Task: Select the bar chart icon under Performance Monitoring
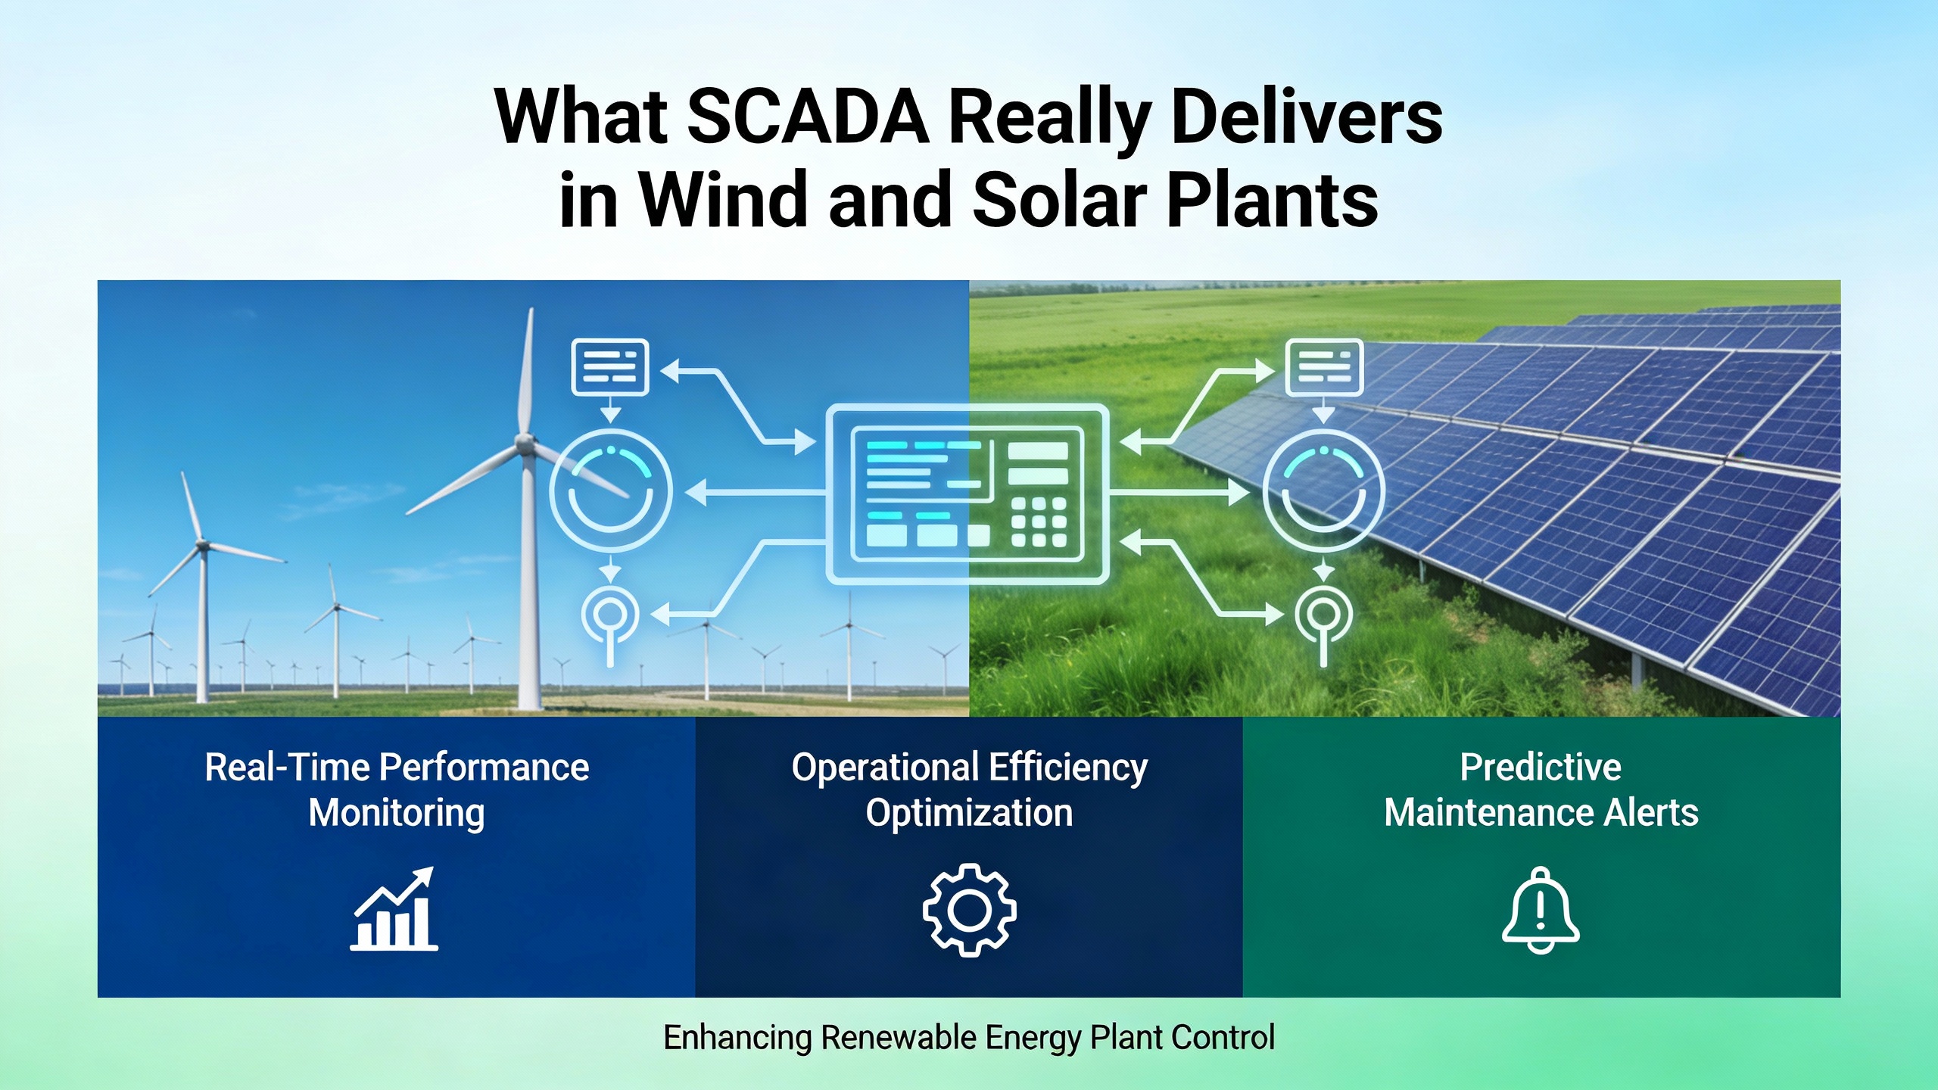coord(394,908)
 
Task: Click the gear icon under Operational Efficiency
coord(969,910)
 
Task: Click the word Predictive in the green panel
coord(1541,767)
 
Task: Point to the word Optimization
coord(969,814)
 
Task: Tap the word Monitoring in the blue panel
coord(397,814)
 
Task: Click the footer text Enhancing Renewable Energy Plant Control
coord(969,1037)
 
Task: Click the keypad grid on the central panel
coord(1039,522)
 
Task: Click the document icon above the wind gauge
coord(609,367)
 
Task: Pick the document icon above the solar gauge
coord(1324,367)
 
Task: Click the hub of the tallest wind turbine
coord(525,445)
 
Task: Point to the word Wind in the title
coord(723,199)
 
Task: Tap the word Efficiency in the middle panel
coord(1068,768)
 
